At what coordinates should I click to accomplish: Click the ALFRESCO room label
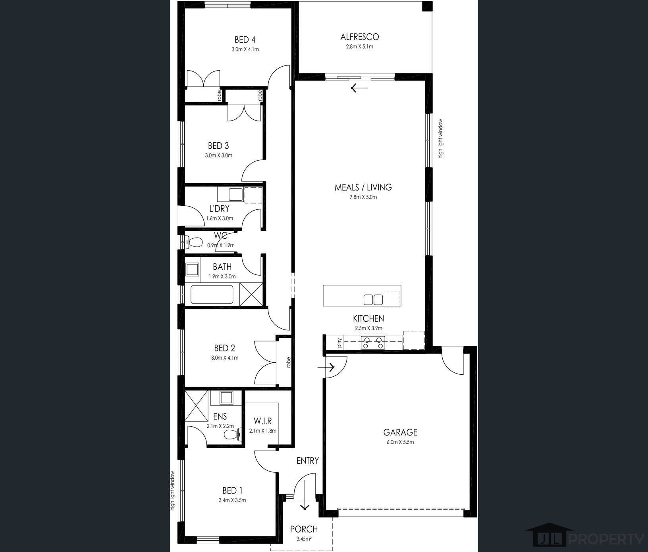pos(359,37)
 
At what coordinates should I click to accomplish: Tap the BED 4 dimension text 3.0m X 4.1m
pos(245,50)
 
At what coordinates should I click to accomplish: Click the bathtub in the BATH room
pos(212,294)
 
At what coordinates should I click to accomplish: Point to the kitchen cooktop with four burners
pos(373,343)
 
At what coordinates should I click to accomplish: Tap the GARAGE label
pos(400,432)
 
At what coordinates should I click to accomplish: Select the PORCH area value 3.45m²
pos(304,539)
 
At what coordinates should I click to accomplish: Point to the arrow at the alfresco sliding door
pos(359,88)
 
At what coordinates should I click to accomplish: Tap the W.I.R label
pos(263,421)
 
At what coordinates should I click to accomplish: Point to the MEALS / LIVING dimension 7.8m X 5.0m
pos(363,197)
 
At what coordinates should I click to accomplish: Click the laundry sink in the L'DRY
pos(235,195)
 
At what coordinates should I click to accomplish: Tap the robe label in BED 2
pos(288,362)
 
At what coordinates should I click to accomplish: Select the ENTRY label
pos(307,460)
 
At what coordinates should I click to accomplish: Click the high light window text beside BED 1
pos(172,490)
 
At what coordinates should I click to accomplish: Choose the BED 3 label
pos(218,146)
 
